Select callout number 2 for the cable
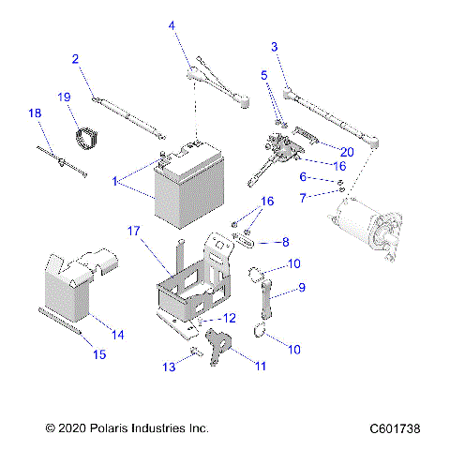(x=75, y=58)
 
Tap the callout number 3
(x=274, y=46)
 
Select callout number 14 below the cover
(x=117, y=334)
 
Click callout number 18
(x=35, y=113)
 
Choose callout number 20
(x=346, y=151)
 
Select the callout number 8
(x=285, y=241)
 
